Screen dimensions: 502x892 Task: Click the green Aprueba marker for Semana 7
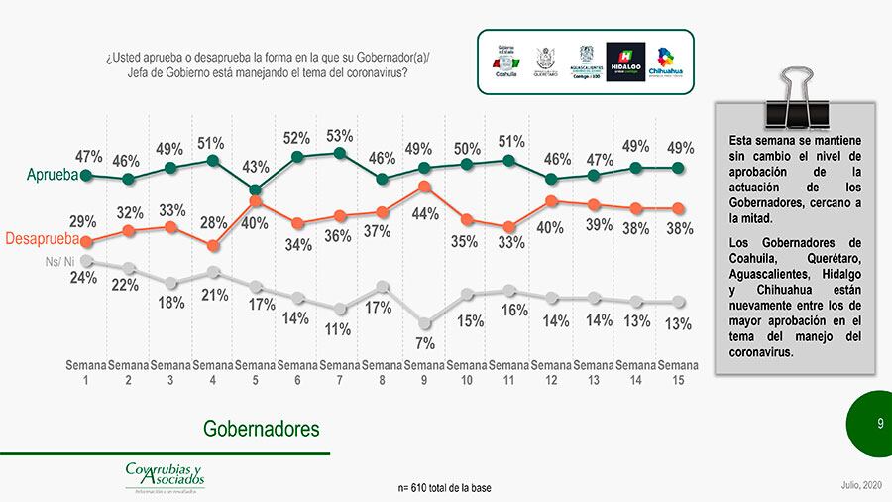pos(340,153)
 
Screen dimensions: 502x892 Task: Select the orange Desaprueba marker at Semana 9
pos(424,186)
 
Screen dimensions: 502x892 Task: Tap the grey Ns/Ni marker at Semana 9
pos(424,322)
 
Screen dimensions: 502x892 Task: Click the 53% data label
pos(340,136)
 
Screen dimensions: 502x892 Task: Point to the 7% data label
pos(424,343)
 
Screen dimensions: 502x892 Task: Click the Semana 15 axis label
pos(678,372)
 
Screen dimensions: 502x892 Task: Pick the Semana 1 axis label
pos(86,372)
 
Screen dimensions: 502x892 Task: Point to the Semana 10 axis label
pos(467,372)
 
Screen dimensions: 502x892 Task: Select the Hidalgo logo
pos(625,61)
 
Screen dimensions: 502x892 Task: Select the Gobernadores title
pos(262,429)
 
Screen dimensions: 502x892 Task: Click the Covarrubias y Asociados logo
pos(164,475)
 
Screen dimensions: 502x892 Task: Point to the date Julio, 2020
pos(858,484)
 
